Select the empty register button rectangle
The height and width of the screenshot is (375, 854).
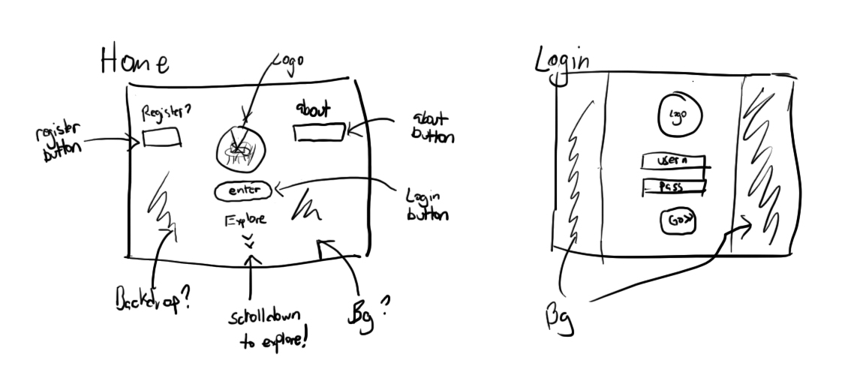[161, 138]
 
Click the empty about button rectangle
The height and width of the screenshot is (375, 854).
[319, 133]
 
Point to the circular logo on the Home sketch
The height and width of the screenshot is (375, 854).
[241, 147]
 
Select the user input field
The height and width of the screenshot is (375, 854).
[673, 162]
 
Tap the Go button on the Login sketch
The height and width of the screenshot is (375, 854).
[678, 222]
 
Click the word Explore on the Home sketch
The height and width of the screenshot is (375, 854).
[245, 220]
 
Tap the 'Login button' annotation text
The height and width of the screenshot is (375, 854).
[426, 204]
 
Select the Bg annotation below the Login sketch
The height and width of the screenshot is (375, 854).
[559, 319]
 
